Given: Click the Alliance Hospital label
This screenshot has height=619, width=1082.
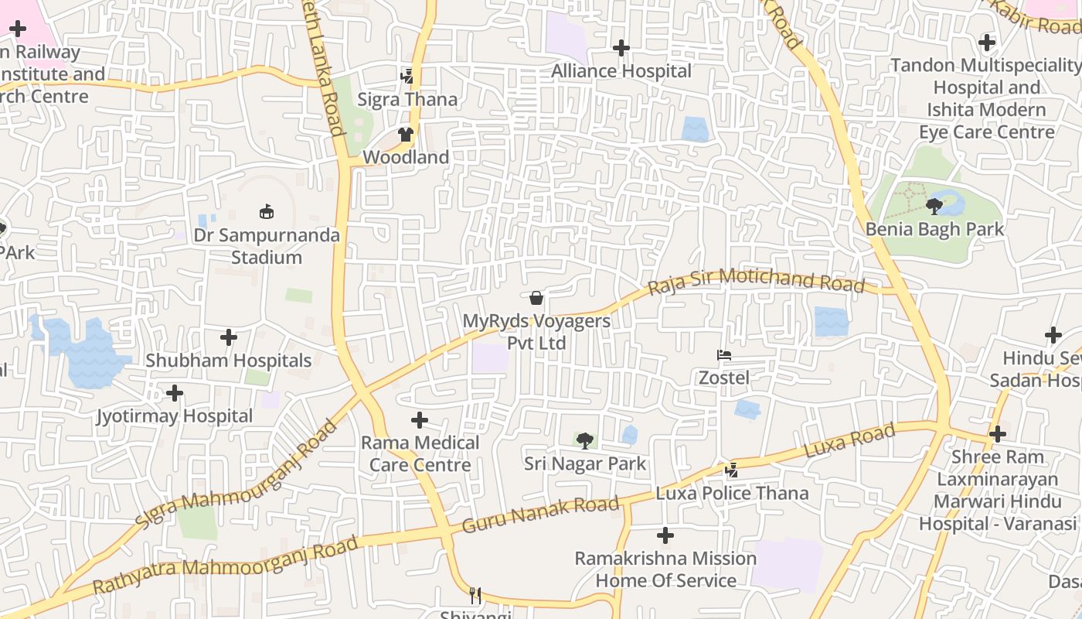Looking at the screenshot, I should pyautogui.click(x=621, y=71).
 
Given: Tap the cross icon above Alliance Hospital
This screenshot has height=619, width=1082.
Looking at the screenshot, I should pyautogui.click(x=621, y=48).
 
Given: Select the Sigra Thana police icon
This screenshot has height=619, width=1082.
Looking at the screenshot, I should pyautogui.click(x=407, y=76).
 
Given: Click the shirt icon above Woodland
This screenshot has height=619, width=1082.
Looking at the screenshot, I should pyautogui.click(x=406, y=134).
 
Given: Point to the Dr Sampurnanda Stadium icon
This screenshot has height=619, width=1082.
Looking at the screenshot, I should pyautogui.click(x=267, y=211).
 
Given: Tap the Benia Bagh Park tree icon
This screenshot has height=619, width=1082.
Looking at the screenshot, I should pyautogui.click(x=934, y=206).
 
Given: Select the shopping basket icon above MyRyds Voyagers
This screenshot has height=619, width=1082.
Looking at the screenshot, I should pyautogui.click(x=536, y=298).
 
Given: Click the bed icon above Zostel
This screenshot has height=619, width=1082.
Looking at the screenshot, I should pyautogui.click(x=724, y=355).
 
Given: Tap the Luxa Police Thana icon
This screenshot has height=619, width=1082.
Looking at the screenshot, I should pyautogui.click(x=731, y=470).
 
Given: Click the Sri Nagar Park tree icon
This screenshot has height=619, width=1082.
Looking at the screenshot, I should pyautogui.click(x=585, y=441).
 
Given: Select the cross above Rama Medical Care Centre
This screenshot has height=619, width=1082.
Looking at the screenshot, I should pyautogui.click(x=420, y=420).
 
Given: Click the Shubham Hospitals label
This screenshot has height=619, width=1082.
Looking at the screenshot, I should pyautogui.click(x=229, y=361).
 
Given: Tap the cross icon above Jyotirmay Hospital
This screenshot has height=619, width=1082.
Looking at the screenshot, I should pyautogui.click(x=175, y=393).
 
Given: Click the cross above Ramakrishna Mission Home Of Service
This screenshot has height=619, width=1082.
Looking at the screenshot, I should pyautogui.click(x=665, y=535).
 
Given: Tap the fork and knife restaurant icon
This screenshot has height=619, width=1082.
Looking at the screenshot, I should pyautogui.click(x=475, y=595).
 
